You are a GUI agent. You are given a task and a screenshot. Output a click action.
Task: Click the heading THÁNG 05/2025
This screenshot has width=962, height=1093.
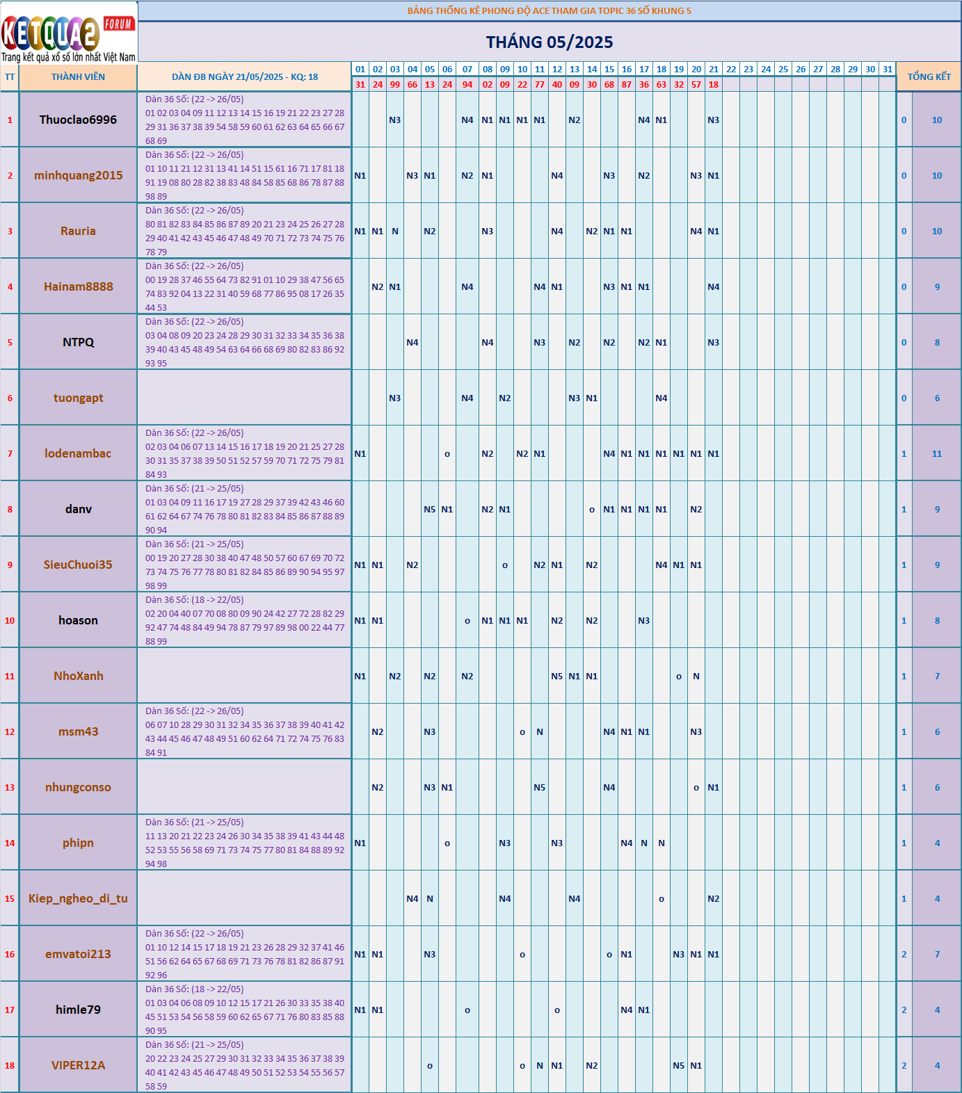(x=550, y=42)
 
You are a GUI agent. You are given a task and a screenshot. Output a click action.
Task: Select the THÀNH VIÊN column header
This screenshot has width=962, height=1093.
(x=78, y=77)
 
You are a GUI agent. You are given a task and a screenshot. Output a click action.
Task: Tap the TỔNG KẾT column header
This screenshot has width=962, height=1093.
(x=929, y=77)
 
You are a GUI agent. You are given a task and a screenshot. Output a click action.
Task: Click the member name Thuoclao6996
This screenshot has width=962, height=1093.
(x=78, y=120)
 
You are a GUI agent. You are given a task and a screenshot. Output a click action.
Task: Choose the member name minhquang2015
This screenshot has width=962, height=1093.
(x=78, y=175)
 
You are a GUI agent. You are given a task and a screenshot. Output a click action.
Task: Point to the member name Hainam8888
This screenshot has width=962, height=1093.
(x=78, y=286)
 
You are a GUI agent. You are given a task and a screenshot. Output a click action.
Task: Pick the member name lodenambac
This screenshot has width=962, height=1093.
(x=78, y=453)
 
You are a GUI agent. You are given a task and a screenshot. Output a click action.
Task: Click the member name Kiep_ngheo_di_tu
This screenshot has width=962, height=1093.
(x=78, y=898)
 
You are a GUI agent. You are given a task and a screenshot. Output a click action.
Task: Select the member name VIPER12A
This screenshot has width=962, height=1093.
(x=78, y=1065)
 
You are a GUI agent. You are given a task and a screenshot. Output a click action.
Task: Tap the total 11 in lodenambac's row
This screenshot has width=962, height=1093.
(x=937, y=454)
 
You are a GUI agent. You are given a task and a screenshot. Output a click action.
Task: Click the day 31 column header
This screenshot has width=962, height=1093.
(x=888, y=70)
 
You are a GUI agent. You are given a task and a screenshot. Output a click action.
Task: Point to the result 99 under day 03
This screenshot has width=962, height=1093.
(x=395, y=85)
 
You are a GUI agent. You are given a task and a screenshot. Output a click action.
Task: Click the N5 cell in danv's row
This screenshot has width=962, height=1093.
(x=430, y=510)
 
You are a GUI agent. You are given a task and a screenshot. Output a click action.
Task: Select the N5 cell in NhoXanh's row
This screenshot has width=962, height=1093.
(x=557, y=677)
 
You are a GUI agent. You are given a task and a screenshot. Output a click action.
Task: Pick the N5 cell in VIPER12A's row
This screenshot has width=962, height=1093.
(x=679, y=1066)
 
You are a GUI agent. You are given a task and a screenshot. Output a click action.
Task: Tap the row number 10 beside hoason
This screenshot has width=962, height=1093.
(x=10, y=621)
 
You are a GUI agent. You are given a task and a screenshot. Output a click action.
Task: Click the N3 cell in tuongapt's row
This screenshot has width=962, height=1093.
(x=395, y=398)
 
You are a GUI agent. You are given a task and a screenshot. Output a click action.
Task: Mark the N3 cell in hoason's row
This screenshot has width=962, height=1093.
(x=644, y=621)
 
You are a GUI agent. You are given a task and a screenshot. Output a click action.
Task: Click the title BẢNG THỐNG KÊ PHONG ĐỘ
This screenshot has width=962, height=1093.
(x=550, y=11)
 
